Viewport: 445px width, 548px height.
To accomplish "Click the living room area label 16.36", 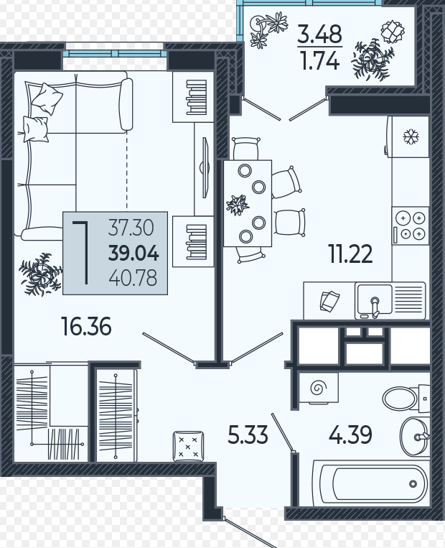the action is coord(86,326).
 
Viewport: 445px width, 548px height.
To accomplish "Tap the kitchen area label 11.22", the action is coord(350,254).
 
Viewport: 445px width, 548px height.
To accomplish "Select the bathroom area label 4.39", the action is coord(350,435).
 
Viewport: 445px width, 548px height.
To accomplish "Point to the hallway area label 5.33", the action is coord(248,435).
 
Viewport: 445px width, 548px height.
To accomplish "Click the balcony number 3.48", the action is coord(319,34).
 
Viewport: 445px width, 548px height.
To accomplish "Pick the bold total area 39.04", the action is coord(133,253).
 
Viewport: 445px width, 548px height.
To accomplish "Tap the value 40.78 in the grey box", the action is coord(133,278).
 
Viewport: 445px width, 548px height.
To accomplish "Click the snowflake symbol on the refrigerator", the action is coord(411,136).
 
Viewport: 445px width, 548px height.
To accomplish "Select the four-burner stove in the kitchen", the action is coord(411,226).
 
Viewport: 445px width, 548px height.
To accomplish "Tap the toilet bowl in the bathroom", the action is coord(400,398).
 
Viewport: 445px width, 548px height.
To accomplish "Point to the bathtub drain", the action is coord(413,484).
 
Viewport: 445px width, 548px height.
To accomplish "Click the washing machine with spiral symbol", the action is coord(319,388).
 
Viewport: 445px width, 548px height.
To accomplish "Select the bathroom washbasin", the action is coord(414,437).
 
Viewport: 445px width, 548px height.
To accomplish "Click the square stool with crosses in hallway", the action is coord(188,446).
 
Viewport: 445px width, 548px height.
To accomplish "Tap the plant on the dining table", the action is coord(238,205).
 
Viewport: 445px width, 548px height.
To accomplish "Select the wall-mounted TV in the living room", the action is coord(205,167).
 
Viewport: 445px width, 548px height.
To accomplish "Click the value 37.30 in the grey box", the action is coord(131,227).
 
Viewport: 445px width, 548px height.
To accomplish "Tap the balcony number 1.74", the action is coord(320,61).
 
